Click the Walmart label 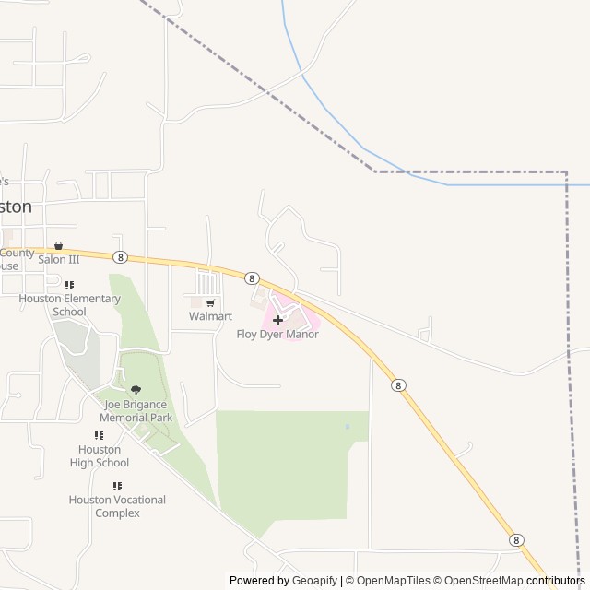point(210,316)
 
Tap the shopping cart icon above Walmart point(210,302)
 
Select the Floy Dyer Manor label point(277,334)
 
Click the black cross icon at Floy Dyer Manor point(277,319)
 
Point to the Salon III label point(59,259)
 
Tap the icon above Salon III point(59,246)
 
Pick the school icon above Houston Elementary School point(70,285)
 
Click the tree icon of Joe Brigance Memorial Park point(136,390)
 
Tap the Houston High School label point(100,455)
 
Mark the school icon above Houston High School point(100,435)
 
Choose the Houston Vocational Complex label point(117,506)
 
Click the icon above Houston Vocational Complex point(117,486)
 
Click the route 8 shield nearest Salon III point(120,256)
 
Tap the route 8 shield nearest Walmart point(252,277)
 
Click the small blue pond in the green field point(347,427)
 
